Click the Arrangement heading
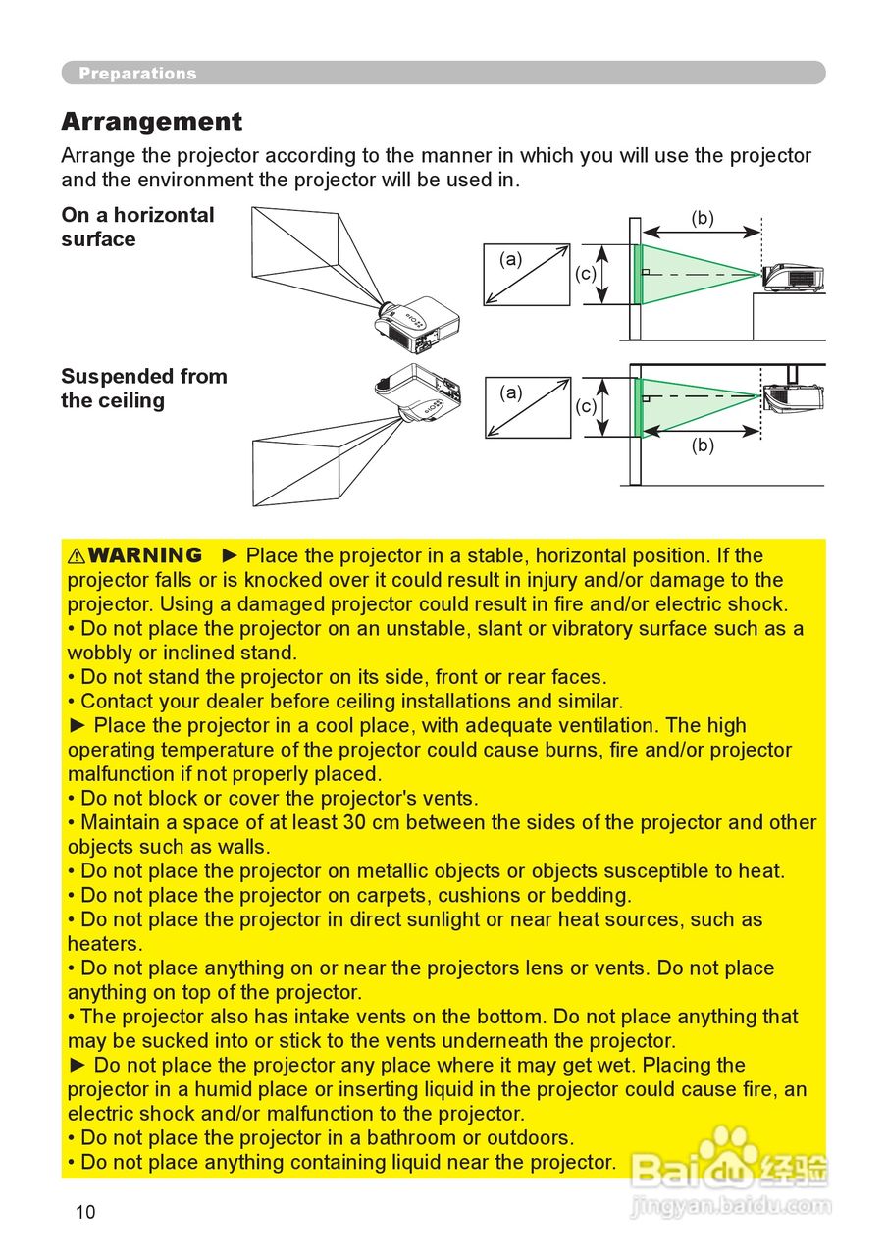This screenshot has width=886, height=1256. [151, 122]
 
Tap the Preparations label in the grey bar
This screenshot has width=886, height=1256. [137, 74]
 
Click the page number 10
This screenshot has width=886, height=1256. [85, 1212]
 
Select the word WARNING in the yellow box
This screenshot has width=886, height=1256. [144, 555]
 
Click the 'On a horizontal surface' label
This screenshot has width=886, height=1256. [137, 227]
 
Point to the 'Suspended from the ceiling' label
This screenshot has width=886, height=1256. [143, 389]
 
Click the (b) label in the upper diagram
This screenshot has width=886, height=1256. [702, 218]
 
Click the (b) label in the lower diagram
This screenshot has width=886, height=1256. [702, 445]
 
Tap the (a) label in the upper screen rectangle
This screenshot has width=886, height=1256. [510, 259]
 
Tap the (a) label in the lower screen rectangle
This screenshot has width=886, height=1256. [510, 392]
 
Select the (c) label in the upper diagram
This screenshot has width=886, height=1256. [585, 274]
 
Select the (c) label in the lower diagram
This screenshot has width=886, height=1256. [585, 405]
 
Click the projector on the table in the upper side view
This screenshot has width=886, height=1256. [793, 278]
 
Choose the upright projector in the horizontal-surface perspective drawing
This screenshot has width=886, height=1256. [417, 319]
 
